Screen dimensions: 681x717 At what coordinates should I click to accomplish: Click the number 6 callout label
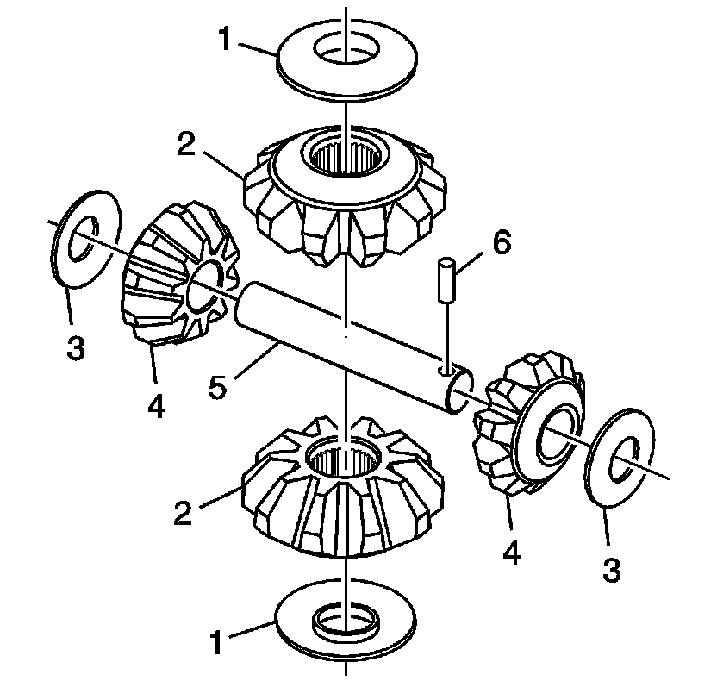click(500, 242)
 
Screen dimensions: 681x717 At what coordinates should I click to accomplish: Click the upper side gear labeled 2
click(345, 207)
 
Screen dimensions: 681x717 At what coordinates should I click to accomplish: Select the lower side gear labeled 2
click(345, 500)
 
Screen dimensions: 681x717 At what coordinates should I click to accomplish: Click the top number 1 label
click(225, 40)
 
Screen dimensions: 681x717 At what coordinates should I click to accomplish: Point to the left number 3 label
click(75, 349)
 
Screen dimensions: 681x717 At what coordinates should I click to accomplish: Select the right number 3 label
click(611, 570)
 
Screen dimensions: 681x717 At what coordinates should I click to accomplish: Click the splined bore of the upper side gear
click(346, 157)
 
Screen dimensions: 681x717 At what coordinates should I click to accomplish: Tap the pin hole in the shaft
click(446, 371)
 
